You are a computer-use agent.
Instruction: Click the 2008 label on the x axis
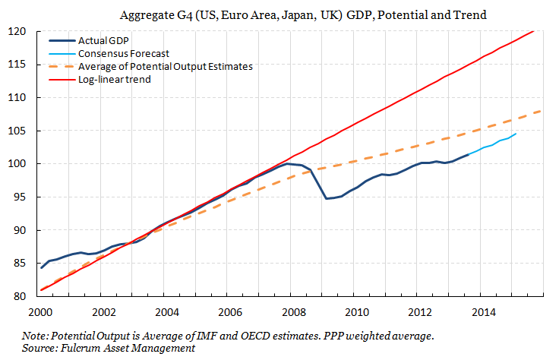tap(294, 311)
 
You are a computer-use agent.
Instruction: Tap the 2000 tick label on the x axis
tap(40, 311)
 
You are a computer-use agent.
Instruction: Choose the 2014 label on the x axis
tap(484, 311)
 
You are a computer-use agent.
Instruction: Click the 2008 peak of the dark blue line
tap(286, 163)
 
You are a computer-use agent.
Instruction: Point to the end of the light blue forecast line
tap(516, 134)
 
